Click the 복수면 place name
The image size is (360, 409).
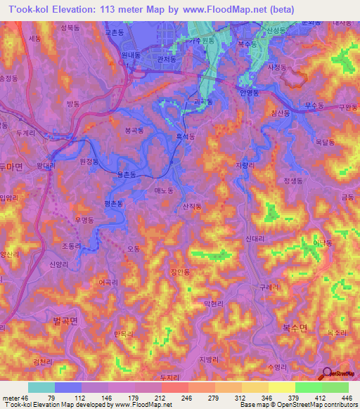click(295, 328)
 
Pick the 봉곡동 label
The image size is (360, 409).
click(134, 131)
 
